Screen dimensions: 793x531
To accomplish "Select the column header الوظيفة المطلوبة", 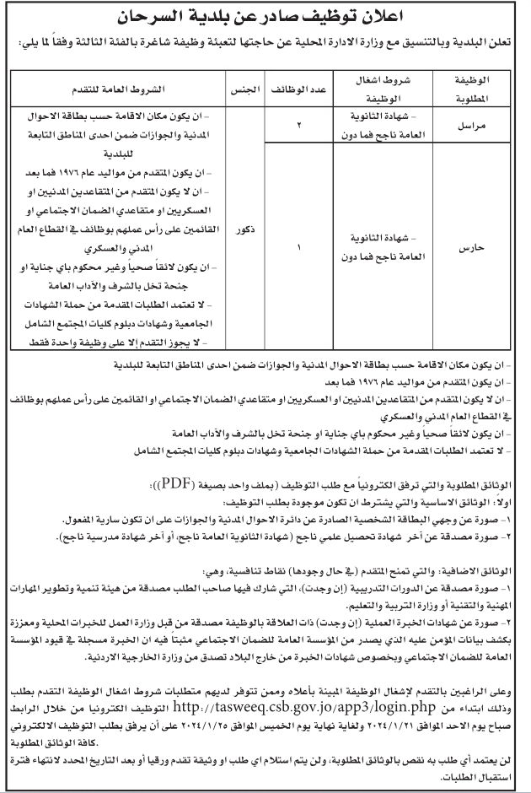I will (477, 90).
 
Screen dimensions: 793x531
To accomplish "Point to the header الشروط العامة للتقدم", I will (121, 89).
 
